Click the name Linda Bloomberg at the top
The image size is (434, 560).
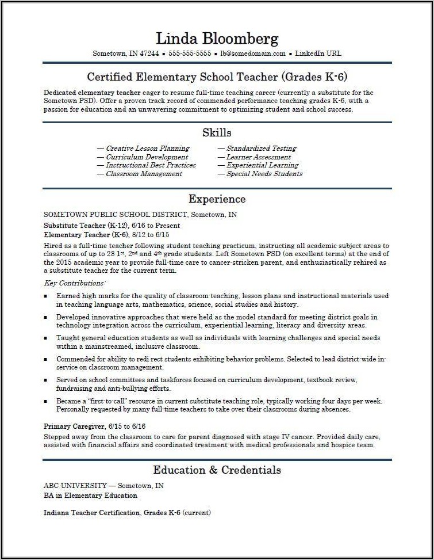pos(217,39)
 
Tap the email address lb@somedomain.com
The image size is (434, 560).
pos(253,54)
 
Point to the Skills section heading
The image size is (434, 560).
pos(217,133)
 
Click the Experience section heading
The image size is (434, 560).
pos(217,199)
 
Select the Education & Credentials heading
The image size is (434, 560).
pos(217,470)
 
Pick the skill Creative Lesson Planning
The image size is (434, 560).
pos(147,148)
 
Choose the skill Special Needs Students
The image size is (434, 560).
pos(264,174)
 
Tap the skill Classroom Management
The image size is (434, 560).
pos(144,174)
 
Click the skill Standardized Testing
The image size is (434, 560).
pos(261,148)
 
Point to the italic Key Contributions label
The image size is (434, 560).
pos(75,283)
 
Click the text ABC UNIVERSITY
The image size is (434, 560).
pos(75,486)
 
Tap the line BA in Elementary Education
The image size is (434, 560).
pos(90,496)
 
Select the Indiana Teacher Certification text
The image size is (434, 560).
pos(91,513)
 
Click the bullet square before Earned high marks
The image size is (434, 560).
pos(46,296)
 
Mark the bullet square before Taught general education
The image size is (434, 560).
pos(46,338)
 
